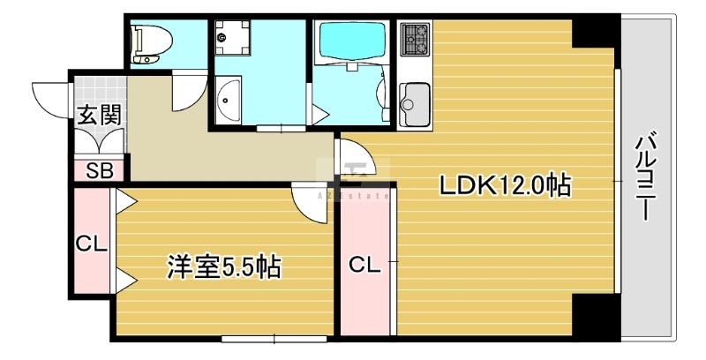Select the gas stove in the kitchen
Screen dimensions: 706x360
(x=415, y=39)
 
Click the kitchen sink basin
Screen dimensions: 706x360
(x=415, y=104)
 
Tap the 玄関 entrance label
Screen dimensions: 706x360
(x=100, y=116)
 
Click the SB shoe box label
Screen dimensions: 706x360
(x=100, y=170)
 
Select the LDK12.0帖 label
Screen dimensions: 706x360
(x=505, y=185)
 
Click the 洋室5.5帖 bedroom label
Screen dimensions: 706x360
(x=224, y=266)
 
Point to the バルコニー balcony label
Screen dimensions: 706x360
(x=645, y=175)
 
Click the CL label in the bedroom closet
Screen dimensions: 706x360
(x=91, y=244)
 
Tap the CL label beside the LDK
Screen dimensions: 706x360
(x=364, y=266)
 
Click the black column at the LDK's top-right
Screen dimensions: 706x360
(x=593, y=33)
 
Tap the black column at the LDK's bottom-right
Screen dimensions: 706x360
(x=593, y=315)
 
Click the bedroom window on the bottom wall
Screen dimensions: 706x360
(x=274, y=339)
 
